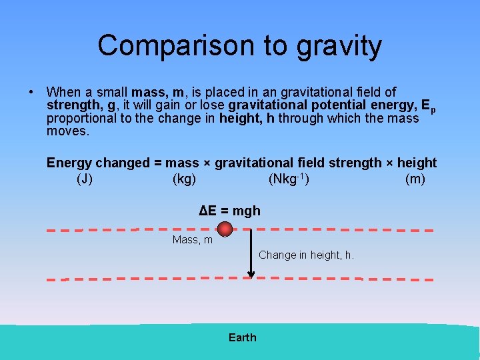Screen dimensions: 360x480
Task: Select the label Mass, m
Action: point(193,240)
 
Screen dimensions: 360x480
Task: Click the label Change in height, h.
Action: point(306,255)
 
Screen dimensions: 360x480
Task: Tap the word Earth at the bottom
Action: point(242,337)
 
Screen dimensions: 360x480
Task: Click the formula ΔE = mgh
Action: point(230,211)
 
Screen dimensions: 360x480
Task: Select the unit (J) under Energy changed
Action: point(85,179)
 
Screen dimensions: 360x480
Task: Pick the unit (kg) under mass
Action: point(184,179)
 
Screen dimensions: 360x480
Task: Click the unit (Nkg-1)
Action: point(288,179)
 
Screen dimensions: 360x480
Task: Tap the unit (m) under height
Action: point(415,179)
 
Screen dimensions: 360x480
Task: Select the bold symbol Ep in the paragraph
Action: point(429,107)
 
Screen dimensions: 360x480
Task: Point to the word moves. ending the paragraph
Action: point(68,131)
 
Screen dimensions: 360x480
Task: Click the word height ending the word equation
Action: point(416,163)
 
